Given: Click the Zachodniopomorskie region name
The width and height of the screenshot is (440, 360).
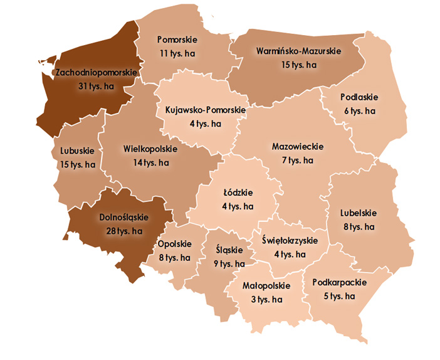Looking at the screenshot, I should [x=95, y=73].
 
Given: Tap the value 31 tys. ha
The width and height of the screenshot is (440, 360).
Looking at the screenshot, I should [x=95, y=86].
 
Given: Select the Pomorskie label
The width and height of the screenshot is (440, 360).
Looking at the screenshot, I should [x=176, y=41].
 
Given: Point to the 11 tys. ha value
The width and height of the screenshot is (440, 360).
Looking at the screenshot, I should [x=176, y=54].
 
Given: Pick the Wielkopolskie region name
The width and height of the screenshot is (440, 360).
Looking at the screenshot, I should [x=150, y=149].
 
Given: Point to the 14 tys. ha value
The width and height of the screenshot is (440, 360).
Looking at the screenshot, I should [x=150, y=162].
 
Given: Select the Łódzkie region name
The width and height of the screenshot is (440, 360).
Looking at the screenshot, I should [x=238, y=193].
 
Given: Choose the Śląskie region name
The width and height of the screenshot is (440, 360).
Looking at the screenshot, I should [x=226, y=250].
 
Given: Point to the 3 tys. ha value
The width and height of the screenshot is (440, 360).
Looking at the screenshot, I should [x=266, y=299].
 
